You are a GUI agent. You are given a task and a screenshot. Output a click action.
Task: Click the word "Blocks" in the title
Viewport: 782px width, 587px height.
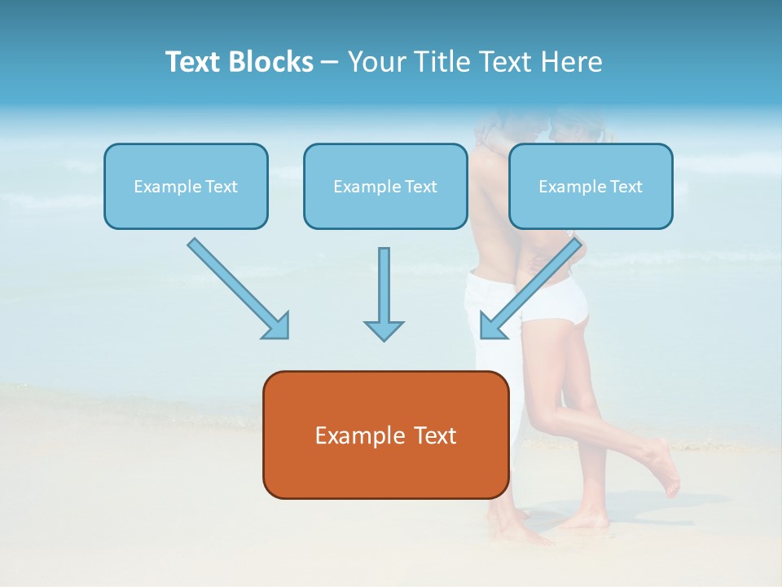click(272, 62)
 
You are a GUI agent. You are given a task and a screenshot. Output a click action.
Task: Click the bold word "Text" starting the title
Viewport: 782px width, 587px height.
click(195, 62)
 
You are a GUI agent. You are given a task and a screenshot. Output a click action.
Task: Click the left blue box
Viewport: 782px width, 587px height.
click(186, 207)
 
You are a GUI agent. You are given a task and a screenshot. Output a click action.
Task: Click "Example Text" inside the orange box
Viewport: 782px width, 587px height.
click(385, 435)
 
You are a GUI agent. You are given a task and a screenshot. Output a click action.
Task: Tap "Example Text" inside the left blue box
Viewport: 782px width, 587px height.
click(186, 187)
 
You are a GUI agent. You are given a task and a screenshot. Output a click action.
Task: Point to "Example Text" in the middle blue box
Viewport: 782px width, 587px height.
click(385, 187)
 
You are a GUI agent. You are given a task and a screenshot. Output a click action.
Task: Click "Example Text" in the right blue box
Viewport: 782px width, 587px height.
click(591, 187)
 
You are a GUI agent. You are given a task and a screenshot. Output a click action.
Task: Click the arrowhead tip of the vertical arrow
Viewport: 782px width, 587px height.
click(384, 338)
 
